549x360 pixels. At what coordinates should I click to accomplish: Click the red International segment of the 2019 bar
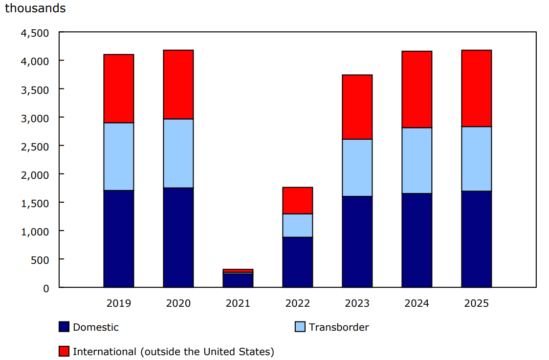click(119, 88)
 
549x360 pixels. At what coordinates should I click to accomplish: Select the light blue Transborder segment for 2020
click(178, 153)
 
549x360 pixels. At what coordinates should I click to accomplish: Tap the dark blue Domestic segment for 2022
click(298, 262)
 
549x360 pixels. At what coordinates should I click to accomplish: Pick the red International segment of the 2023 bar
click(357, 107)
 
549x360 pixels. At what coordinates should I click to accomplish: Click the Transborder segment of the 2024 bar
click(417, 160)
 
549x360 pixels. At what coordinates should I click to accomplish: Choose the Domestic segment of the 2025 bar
click(477, 239)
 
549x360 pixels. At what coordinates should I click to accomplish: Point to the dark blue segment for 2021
click(238, 280)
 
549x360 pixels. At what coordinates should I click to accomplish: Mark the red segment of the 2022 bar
click(298, 200)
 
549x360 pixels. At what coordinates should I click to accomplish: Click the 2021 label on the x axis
click(238, 303)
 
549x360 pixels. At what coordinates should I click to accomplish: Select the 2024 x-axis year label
click(417, 303)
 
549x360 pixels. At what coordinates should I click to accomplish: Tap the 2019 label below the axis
click(119, 303)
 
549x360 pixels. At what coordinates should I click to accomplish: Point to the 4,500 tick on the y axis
click(35, 33)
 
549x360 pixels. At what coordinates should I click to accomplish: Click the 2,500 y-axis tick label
click(35, 146)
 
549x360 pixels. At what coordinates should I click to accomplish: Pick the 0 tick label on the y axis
click(46, 288)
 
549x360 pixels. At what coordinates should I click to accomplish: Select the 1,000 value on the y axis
click(35, 231)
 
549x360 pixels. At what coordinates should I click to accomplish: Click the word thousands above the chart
click(35, 9)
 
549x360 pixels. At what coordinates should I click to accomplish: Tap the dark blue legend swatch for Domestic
click(64, 327)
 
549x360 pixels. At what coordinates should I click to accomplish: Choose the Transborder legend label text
click(339, 327)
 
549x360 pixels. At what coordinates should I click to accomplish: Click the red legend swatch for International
click(64, 351)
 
